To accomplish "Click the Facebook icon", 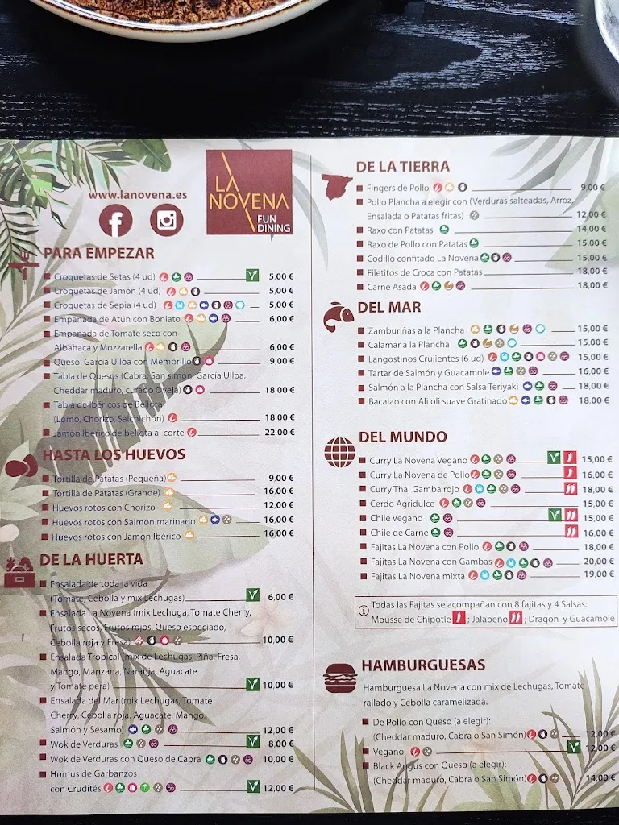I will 116,220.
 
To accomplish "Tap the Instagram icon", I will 166,220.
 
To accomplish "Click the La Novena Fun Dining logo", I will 248,193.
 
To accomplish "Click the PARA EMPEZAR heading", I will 98,252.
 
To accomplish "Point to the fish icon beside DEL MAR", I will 339,317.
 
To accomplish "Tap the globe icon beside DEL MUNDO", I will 339,451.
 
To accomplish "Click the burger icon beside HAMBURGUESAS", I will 339,678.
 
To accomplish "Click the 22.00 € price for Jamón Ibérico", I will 280,432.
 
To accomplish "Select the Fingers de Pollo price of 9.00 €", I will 592,188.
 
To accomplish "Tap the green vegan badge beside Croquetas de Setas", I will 253,276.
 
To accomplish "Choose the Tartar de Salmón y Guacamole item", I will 428,372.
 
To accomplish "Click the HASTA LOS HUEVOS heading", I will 114,454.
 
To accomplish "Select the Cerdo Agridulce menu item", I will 402,504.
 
